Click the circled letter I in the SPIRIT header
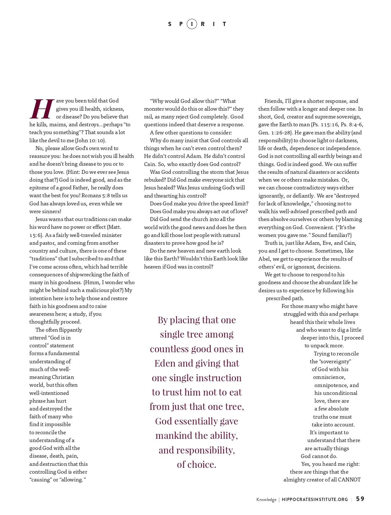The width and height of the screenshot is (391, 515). tap(192, 24)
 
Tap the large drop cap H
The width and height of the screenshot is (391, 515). tap(42, 109)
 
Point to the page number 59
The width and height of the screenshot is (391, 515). tap(360, 499)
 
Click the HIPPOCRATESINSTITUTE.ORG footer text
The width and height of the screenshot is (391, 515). tap(315, 499)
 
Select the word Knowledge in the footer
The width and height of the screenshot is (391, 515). tap(266, 500)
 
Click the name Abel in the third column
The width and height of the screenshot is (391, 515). tap(265, 259)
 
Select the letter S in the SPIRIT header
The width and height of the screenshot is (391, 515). tap(170, 24)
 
